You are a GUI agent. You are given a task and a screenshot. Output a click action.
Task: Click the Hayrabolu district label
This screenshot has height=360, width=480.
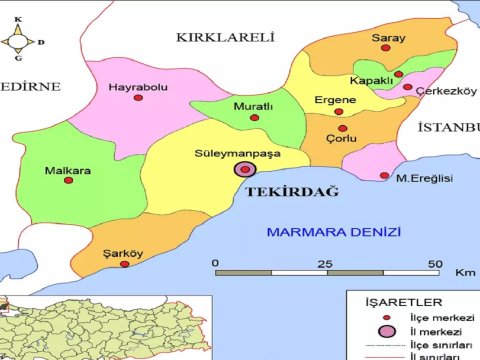coord(138,88)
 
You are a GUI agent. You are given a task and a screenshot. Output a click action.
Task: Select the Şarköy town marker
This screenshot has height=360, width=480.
coord(124,264)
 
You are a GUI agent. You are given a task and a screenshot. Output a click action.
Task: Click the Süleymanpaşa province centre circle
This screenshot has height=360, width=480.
coord(243,171)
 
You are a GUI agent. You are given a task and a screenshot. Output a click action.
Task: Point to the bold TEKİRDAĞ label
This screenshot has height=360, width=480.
coord(292,191)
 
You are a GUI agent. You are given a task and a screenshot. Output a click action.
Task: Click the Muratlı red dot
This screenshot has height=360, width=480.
coord(253,118)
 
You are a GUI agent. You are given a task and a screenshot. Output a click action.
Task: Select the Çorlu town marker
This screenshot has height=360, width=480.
coord(341,128)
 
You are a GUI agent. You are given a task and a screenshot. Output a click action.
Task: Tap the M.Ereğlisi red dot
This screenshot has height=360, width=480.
coord(385,176)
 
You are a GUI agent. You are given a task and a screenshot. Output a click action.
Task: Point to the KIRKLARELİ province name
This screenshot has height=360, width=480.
coord(224,37)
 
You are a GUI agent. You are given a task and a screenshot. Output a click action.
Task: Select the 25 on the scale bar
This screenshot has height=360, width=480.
coord(325,263)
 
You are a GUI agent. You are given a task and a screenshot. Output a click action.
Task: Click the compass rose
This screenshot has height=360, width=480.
coord(19,42)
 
